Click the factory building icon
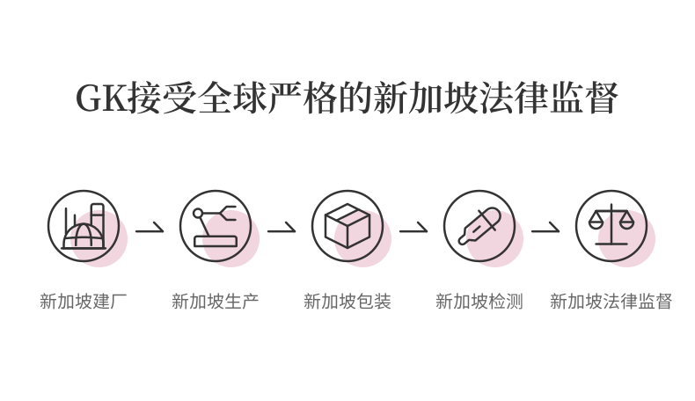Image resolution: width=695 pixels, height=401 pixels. [84, 226]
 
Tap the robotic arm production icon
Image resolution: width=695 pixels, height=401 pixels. [216, 226]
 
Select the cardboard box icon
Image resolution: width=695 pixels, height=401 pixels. [347, 226]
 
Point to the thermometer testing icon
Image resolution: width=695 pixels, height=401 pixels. [479, 226]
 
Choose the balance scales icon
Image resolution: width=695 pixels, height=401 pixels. [611, 226]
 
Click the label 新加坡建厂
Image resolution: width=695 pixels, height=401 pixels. [84, 302]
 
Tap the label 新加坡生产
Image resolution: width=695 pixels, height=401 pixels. [216, 302]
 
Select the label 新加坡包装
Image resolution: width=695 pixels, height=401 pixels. [347, 302]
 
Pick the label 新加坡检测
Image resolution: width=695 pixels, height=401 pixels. [479, 302]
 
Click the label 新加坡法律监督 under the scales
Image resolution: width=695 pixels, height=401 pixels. [611, 302]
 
